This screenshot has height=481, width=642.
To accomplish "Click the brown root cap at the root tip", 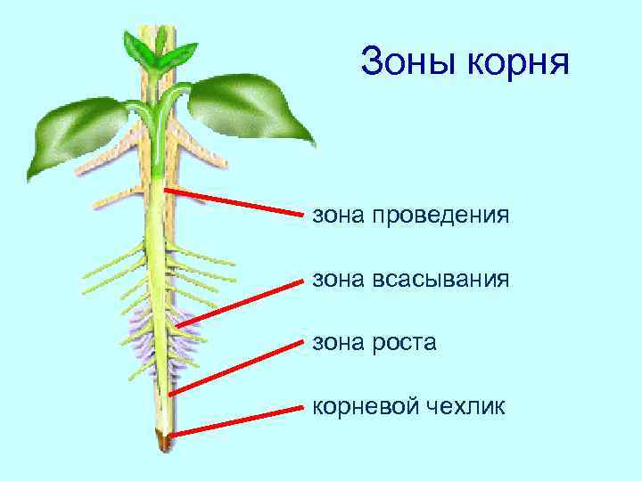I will pos(164,438).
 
